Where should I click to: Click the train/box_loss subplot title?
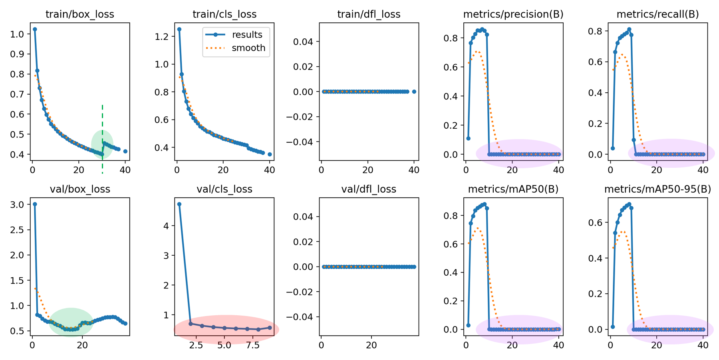coord(79,14)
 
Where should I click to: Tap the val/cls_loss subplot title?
coord(224,189)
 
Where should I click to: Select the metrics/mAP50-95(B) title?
coord(657,189)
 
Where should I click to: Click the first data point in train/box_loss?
coord(35,29)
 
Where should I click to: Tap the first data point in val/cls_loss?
coord(179,204)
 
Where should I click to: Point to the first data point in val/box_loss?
coord(35,204)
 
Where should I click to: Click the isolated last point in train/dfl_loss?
coord(414,91)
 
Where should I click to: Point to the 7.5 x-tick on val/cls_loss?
coord(253,345)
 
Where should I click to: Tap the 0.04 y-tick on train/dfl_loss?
coord(304,42)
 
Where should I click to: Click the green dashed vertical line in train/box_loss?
coord(103,120)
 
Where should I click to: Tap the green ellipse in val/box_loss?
coord(71,322)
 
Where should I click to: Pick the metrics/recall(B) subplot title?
coord(657,14)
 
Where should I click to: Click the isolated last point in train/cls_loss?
coord(270,154)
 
